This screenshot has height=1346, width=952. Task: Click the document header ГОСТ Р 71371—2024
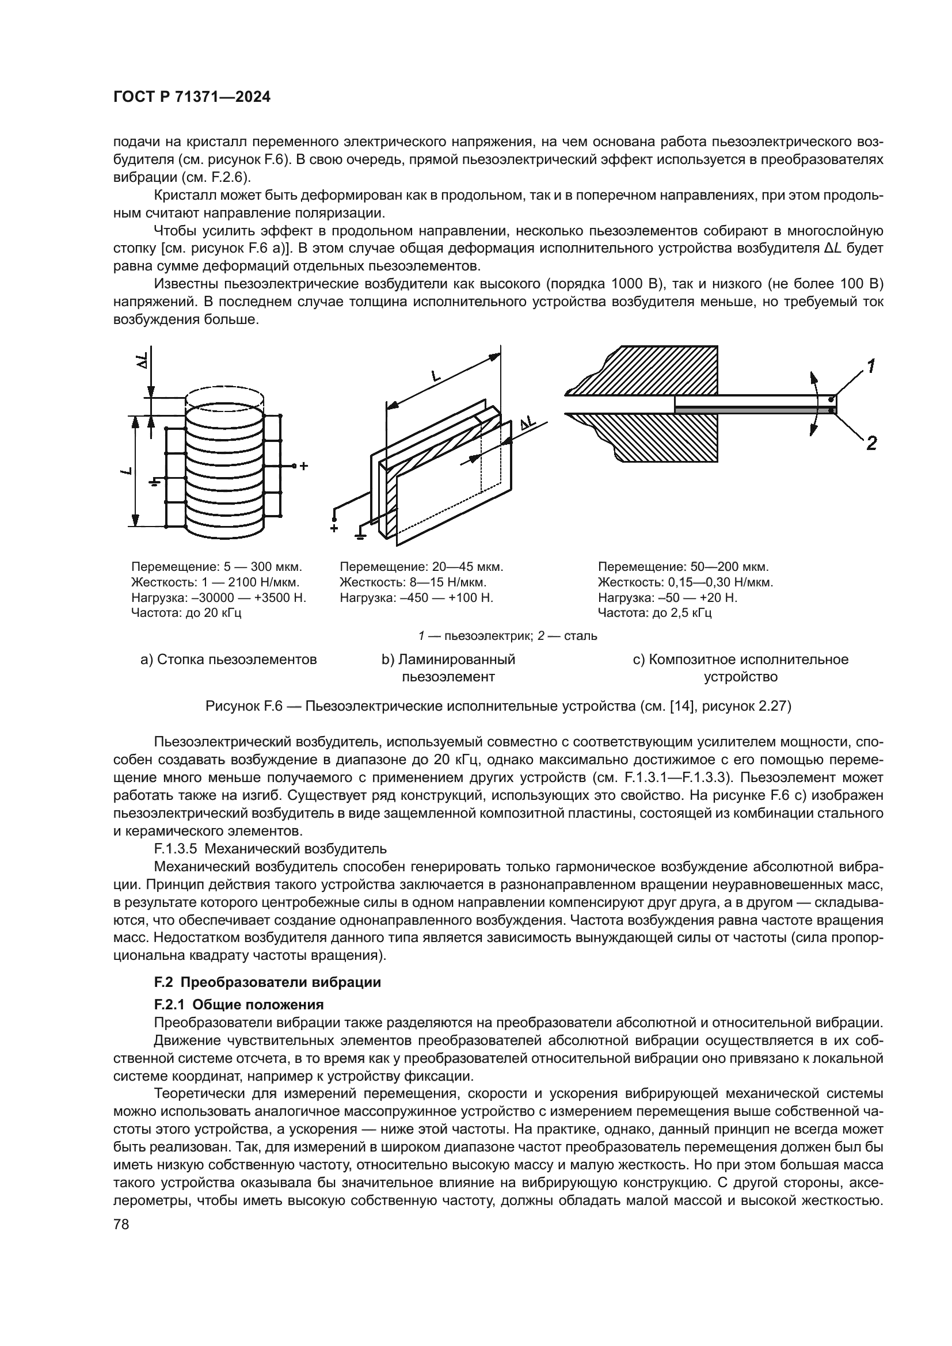click(x=192, y=98)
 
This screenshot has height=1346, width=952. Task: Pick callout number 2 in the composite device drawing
click(x=871, y=443)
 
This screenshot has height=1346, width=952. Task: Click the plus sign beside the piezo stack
click(x=304, y=467)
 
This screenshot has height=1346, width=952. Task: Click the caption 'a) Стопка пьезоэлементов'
click(x=229, y=659)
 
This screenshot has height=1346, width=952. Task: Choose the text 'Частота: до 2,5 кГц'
click(x=654, y=613)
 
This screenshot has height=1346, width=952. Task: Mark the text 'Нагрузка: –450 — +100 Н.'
click(x=416, y=598)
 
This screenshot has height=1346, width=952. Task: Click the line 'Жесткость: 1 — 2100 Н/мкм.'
click(x=216, y=583)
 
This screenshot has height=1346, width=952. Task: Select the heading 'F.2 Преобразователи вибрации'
click(x=267, y=982)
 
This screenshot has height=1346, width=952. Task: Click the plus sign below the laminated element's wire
click(x=334, y=528)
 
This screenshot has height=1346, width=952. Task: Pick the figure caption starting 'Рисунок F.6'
click(x=498, y=707)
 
